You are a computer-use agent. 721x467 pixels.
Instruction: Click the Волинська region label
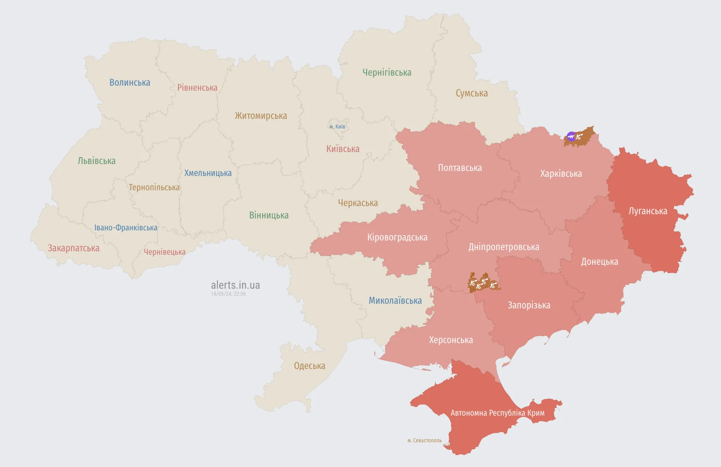point(130,83)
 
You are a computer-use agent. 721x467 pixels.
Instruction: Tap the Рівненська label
point(197,88)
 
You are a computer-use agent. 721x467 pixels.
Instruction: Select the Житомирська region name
point(261,116)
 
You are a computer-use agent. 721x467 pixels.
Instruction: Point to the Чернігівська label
point(387,73)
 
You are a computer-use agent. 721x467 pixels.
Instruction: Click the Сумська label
point(472,93)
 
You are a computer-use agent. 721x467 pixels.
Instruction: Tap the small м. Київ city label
point(337,127)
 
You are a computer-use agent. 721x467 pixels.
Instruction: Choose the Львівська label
point(96,161)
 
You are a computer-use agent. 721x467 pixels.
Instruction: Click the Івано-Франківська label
point(126,228)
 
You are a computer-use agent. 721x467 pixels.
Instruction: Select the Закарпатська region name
point(73,248)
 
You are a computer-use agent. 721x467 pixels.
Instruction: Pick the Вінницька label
point(269,215)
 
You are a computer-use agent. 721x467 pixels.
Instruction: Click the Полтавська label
point(460,168)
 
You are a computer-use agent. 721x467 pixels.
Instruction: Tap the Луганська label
point(648,211)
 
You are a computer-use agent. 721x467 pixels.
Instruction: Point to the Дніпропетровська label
point(504,247)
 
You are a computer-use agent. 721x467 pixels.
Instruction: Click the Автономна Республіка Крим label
point(498,413)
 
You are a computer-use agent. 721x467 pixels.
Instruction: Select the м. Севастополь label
point(424,440)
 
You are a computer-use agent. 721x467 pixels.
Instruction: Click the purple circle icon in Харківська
point(571,136)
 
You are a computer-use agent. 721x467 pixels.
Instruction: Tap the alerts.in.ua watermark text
point(235,285)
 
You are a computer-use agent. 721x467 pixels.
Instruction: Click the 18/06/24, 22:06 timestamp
point(228,294)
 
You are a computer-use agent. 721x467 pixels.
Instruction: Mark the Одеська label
point(310,366)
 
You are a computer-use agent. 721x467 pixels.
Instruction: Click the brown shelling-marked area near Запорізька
point(482,284)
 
